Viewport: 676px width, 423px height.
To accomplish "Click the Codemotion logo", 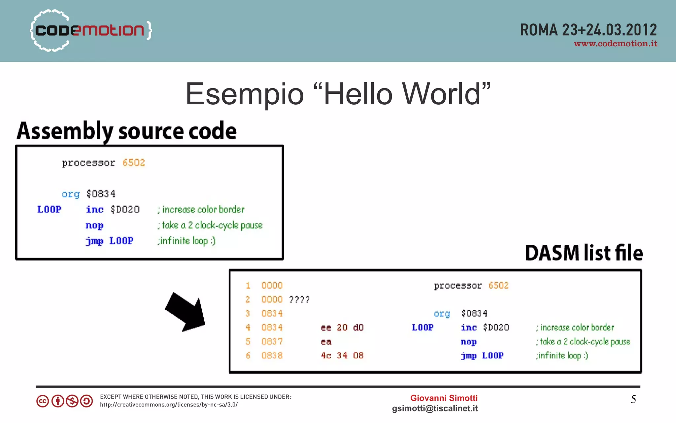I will pyautogui.click(x=91, y=30).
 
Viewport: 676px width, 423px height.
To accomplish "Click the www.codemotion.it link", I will pyautogui.click(x=615, y=44).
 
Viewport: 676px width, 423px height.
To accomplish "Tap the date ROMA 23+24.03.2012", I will pyautogui.click(x=588, y=30).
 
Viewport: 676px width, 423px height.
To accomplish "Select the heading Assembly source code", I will pyautogui.click(x=127, y=131).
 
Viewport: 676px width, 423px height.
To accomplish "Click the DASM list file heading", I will pyautogui.click(x=584, y=253).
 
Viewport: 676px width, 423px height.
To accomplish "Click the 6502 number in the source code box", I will pyautogui.click(x=134, y=163).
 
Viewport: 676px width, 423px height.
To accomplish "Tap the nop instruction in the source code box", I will pyautogui.click(x=94, y=226).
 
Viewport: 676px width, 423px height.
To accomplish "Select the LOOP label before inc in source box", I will pyautogui.click(x=49, y=210).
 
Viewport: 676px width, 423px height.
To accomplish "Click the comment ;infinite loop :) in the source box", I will pyautogui.click(x=186, y=241).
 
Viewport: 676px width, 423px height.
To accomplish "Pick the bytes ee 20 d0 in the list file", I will pyautogui.click(x=342, y=328).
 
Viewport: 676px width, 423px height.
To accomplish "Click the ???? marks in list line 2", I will pyautogui.click(x=299, y=300).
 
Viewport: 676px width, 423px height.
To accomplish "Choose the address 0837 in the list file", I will pyautogui.click(x=272, y=341).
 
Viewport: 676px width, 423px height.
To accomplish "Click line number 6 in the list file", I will pyautogui.click(x=248, y=356).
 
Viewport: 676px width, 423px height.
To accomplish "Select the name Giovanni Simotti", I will pyautogui.click(x=444, y=398).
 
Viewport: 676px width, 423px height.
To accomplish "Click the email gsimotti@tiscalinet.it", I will pyautogui.click(x=435, y=408).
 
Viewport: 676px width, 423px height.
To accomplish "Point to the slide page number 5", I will pyautogui.click(x=633, y=400).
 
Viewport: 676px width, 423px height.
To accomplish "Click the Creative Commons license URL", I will pyautogui.click(x=169, y=405).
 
